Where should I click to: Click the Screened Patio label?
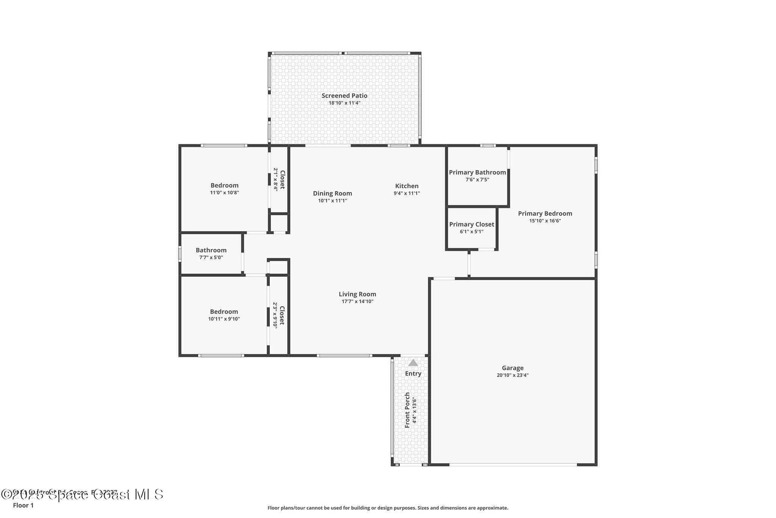tap(344, 96)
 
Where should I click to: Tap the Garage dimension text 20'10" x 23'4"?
tap(512, 375)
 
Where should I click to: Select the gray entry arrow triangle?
tap(413, 363)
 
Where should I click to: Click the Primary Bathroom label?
tap(477, 172)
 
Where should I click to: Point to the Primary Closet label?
tap(471, 224)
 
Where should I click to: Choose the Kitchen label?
tap(407, 186)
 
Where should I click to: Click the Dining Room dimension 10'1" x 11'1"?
tap(332, 201)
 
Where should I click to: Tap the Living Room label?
tap(357, 294)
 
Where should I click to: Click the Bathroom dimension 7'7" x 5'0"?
tap(211, 257)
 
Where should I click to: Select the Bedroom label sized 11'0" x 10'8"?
tap(224, 185)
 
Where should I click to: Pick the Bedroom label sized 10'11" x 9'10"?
tap(224, 312)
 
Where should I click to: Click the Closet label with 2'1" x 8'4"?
tap(282, 179)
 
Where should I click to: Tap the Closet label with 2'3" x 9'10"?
tap(282, 315)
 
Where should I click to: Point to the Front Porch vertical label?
tap(407, 410)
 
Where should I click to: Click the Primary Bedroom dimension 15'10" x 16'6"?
tap(545, 220)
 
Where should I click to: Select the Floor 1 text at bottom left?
tap(23, 505)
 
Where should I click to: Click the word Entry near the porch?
tap(413, 373)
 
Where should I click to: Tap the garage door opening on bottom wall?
tap(513, 464)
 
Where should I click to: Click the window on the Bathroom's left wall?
tap(180, 254)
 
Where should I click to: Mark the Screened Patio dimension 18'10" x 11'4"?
tap(344, 103)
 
